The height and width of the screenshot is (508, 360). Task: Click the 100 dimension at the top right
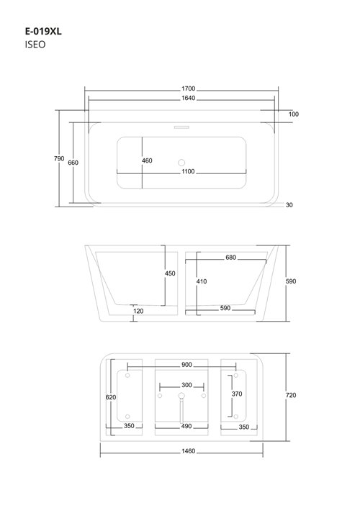294,114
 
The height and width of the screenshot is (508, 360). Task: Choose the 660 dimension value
73,163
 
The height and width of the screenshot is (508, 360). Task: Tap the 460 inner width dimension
147,160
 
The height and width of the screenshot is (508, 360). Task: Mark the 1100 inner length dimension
188,172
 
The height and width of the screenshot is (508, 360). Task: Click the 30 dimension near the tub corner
289,205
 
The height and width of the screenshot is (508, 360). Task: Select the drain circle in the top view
181,162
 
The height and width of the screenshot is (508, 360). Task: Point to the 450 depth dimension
170,273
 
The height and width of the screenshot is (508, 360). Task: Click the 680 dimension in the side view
230,257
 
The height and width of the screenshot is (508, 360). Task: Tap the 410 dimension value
202,281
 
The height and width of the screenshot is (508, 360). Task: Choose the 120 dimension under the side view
138,312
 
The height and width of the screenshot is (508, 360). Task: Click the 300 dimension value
186,385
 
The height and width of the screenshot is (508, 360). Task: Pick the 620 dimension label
109,397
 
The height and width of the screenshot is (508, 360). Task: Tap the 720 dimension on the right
291,395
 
